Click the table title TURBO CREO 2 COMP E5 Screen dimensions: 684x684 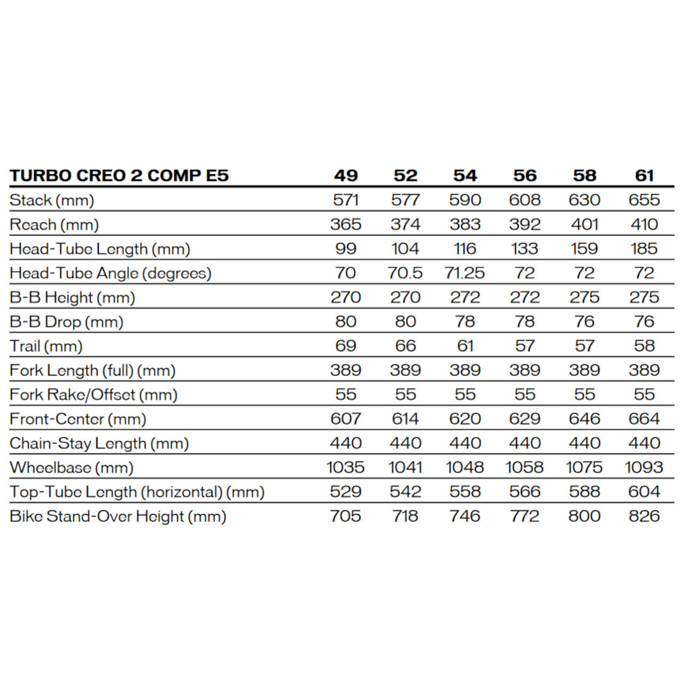[119, 175]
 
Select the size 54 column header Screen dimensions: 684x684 [465, 175]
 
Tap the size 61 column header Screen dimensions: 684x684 [644, 175]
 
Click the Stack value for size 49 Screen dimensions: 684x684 [346, 200]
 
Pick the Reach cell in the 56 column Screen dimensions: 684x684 [525, 224]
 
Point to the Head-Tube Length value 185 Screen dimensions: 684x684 [644, 248]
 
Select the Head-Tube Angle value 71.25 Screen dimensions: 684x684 [465, 273]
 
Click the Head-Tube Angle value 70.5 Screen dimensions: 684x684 [405, 273]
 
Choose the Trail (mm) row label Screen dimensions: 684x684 [46, 346]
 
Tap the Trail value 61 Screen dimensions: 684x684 [465, 346]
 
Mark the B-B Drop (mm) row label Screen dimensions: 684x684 [66, 322]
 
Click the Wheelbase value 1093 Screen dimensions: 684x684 [644, 468]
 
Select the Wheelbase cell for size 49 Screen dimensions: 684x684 [346, 468]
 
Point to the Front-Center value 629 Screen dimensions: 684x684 [525, 419]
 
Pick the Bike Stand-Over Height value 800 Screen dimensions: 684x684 [585, 516]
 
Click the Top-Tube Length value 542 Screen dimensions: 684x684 [405, 492]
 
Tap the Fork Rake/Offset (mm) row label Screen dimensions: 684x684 [94, 395]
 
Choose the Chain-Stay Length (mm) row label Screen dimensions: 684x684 [99, 444]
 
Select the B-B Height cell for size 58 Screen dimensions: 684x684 [585, 297]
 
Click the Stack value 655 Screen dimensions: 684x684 [644, 200]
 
